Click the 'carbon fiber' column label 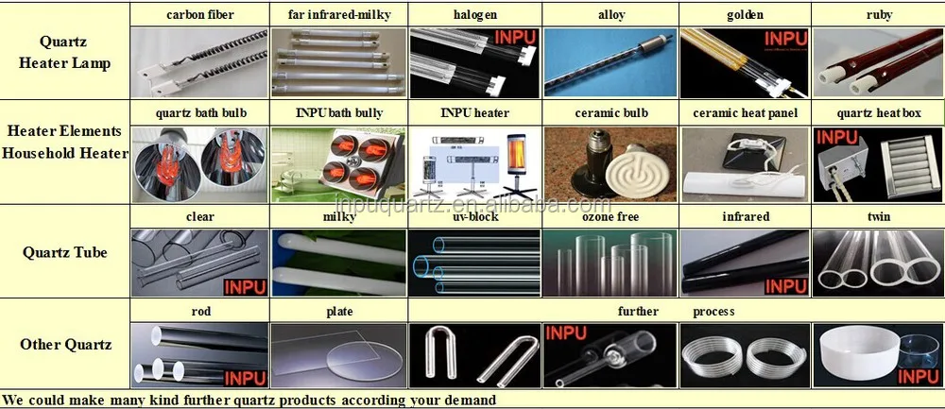click(199, 15)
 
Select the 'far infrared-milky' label click(338, 15)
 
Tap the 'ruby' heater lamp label click(878, 15)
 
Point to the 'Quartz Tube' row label click(65, 252)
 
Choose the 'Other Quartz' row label click(65, 344)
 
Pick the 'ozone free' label click(610, 216)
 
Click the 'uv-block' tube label click(474, 216)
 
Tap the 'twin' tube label click(878, 216)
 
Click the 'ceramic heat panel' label click(745, 113)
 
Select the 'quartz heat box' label click(878, 113)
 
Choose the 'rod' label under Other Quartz click(199, 311)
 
